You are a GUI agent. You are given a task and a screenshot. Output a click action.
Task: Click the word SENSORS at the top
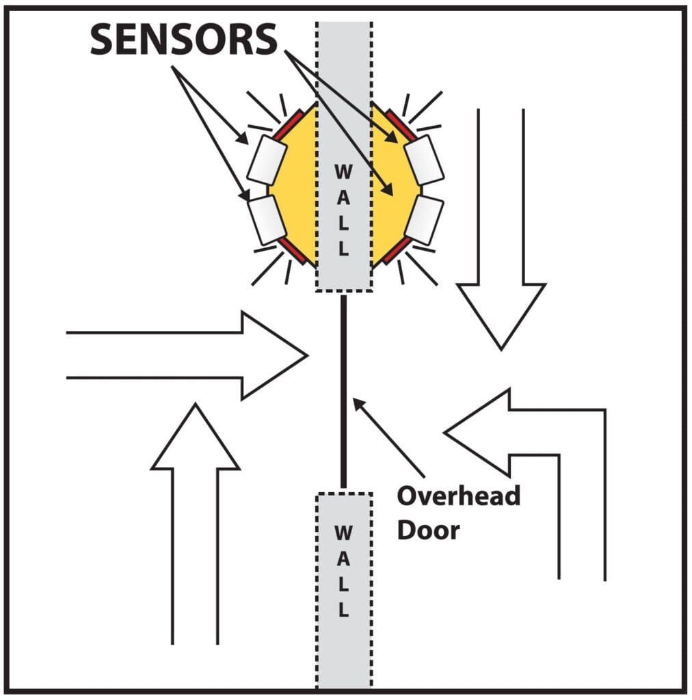183,40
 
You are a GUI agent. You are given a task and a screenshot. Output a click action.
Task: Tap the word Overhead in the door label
458,496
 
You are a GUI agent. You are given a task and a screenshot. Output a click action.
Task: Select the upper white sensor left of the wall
267,160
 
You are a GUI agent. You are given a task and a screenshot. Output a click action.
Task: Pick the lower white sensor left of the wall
267,218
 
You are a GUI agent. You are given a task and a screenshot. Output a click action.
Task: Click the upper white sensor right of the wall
424,160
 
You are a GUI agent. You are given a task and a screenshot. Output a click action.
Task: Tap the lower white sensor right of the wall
424,219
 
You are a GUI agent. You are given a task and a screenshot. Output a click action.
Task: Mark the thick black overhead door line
344,390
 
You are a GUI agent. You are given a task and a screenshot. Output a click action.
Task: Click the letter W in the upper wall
344,172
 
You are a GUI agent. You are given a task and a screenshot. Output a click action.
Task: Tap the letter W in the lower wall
344,531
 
